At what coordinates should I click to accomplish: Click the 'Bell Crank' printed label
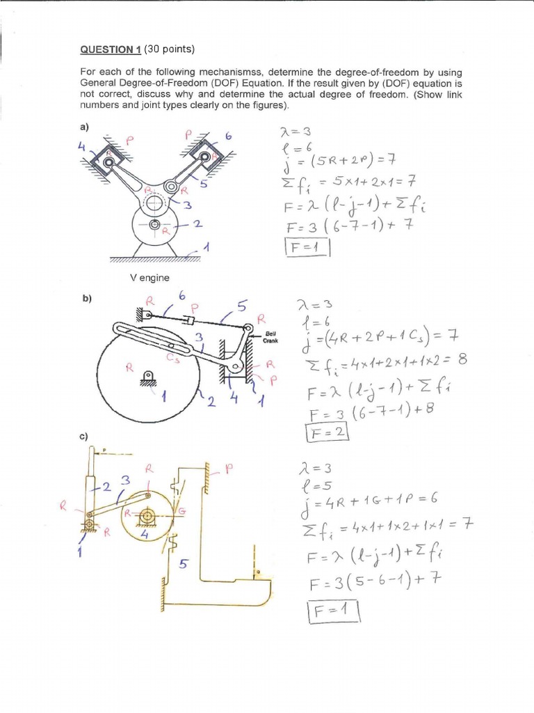[270, 338]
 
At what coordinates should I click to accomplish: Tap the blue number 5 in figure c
[184, 565]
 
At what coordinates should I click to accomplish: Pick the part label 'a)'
[86, 127]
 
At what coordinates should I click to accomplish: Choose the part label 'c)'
[86, 437]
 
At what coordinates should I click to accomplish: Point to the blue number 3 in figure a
[187, 204]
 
